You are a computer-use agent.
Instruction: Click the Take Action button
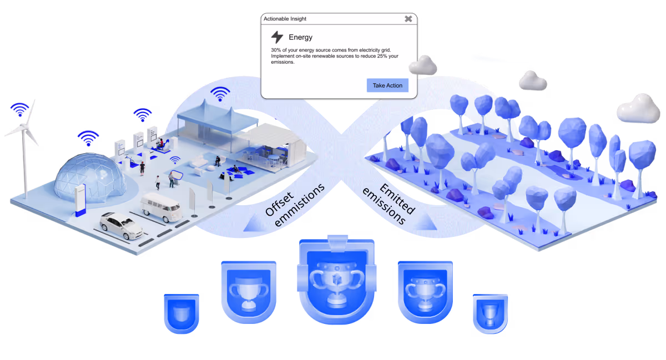coord(387,85)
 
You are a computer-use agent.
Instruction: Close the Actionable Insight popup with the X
coord(408,19)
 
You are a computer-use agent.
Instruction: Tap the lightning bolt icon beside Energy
coord(277,37)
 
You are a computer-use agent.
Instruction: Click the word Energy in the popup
coord(300,37)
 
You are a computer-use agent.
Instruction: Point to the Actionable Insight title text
coord(285,19)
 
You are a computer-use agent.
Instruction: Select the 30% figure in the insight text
coord(276,50)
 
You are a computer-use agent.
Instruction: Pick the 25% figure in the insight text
coord(381,56)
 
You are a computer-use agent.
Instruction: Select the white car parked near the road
coord(122,226)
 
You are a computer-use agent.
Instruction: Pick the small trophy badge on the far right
coord(490,314)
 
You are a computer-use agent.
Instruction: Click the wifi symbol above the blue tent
coord(220,94)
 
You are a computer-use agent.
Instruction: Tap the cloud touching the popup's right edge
coord(423,65)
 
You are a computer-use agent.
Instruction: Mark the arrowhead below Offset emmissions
coord(253,223)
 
